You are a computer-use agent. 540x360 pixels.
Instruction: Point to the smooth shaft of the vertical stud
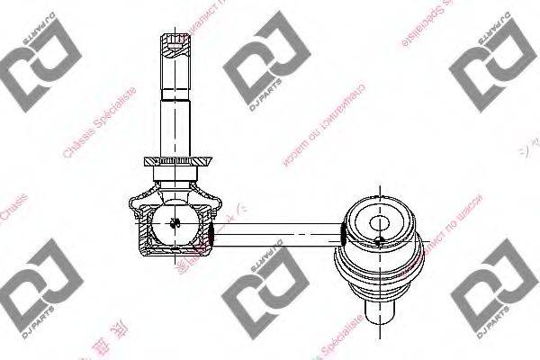(x=176, y=121)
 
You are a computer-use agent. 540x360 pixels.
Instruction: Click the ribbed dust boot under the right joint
(x=379, y=270)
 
